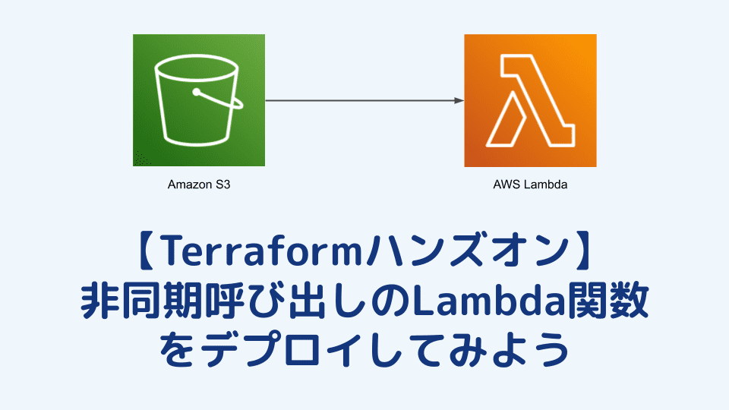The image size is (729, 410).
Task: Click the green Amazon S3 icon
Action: point(198,100)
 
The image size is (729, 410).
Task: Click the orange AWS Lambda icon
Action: point(530,100)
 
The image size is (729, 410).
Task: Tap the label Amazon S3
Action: point(198,184)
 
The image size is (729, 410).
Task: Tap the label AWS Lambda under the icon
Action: point(530,184)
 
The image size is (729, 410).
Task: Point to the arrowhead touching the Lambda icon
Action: point(459,100)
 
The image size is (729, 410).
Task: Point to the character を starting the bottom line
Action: point(179,349)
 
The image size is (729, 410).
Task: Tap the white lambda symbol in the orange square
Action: point(530,100)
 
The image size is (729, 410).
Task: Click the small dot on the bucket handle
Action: point(196,93)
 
